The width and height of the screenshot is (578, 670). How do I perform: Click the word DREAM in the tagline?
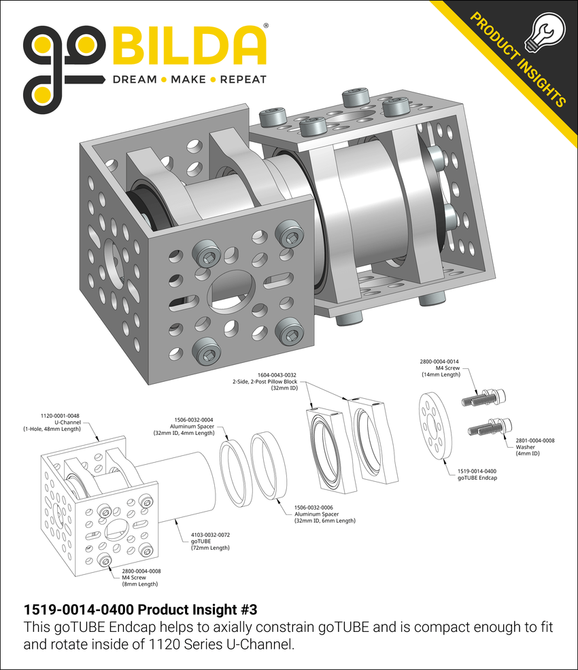[135, 80]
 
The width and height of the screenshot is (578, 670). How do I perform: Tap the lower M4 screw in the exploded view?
[488, 427]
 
